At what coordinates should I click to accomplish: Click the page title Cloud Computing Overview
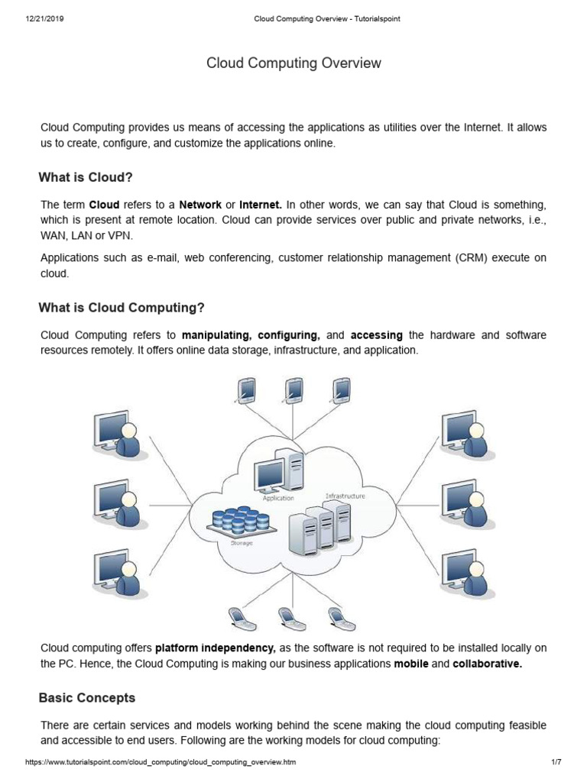293,63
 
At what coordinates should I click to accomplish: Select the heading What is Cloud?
86,177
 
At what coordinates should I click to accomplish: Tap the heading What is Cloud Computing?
122,308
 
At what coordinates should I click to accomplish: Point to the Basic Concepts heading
86,698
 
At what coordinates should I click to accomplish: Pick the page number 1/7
556,762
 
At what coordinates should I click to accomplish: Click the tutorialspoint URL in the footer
161,762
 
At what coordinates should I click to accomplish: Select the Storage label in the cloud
242,543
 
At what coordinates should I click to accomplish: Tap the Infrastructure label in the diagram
345,496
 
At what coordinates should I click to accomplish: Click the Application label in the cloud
278,498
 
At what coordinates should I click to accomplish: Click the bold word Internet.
261,205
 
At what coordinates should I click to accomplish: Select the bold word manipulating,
216,335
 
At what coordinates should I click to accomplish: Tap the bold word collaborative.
487,664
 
